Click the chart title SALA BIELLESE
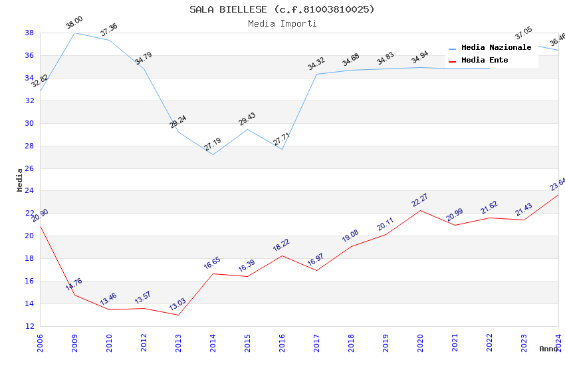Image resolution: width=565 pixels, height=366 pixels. tap(282, 9)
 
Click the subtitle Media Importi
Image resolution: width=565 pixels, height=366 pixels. tap(282, 23)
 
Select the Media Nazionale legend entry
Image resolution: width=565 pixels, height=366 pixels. tap(496, 48)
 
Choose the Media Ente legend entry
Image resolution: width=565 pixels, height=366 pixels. tap(485, 61)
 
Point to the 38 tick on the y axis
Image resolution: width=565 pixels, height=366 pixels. tap(29, 33)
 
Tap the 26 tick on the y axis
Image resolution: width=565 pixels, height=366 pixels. tap(29, 168)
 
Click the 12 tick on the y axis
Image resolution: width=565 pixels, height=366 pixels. tap(29, 326)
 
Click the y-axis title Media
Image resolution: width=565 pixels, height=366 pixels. tap(20, 180)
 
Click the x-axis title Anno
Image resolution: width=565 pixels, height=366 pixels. tap(548, 349)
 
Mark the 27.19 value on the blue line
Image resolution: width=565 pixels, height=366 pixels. tap(213, 144)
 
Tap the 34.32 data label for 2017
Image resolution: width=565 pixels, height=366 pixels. tap(316, 64)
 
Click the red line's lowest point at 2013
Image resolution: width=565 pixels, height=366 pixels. tap(178, 315)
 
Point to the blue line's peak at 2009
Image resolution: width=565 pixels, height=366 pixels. tap(74, 33)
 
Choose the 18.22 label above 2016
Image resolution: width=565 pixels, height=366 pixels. tap(282, 246)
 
